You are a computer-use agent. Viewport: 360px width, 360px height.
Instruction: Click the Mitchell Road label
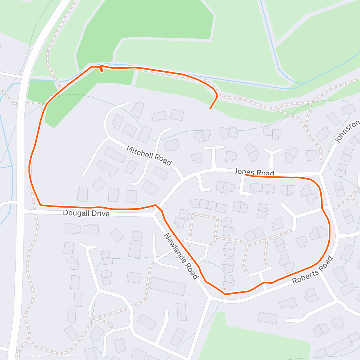(149, 156)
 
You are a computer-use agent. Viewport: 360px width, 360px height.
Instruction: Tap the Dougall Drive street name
(86, 213)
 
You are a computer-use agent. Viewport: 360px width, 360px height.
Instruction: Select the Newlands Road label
(181, 256)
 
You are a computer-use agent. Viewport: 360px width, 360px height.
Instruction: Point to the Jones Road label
(254, 172)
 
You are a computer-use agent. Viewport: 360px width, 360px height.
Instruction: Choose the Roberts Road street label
(313, 270)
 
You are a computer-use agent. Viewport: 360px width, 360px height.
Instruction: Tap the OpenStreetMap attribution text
(63, 356)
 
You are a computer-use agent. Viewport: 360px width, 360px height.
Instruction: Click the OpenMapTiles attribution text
(31, 356)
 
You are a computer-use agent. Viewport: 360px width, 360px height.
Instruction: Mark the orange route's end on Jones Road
(245, 175)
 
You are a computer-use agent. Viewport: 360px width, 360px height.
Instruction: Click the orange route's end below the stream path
(210, 109)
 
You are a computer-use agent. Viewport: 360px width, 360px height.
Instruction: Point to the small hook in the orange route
(102, 69)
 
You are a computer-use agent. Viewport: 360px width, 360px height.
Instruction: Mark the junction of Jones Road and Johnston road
(320, 174)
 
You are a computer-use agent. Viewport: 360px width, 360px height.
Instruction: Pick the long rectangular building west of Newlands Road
(167, 286)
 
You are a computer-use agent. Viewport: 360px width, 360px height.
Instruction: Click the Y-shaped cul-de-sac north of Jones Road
(272, 153)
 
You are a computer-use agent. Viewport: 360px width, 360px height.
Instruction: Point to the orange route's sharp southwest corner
(41, 205)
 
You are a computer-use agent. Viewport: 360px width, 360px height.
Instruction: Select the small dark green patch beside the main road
(40, 90)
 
